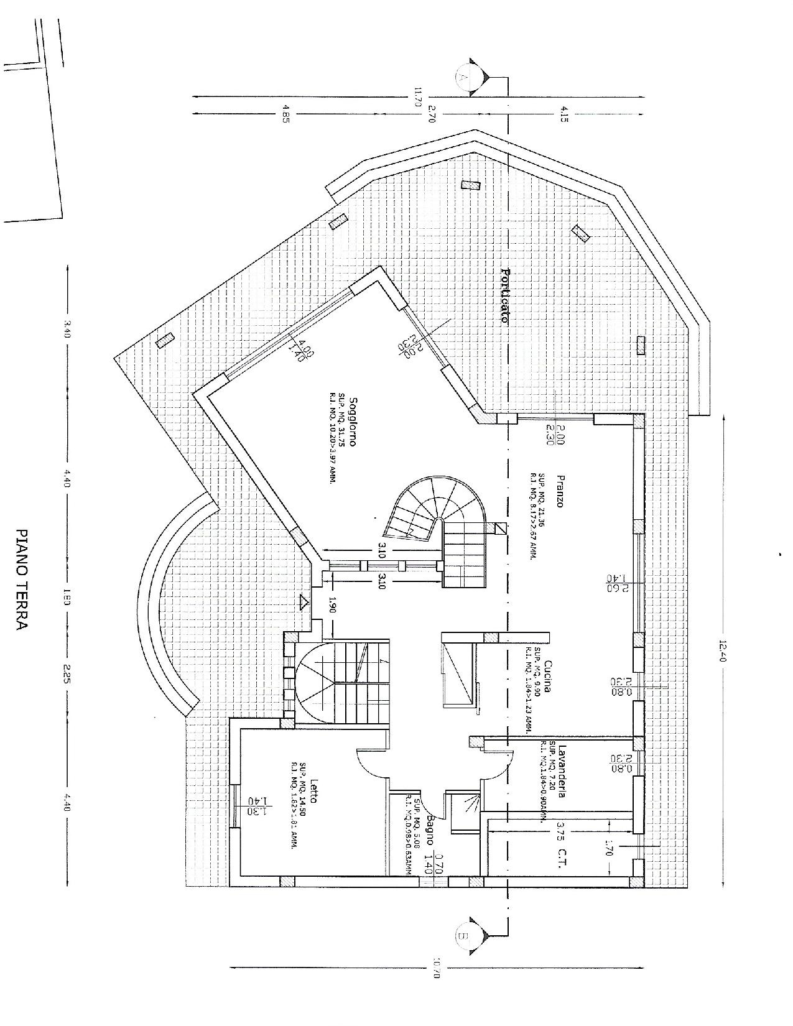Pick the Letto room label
pyautogui.click(x=315, y=808)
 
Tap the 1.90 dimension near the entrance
pyautogui.click(x=332, y=606)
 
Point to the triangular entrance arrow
pyautogui.click(x=304, y=601)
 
